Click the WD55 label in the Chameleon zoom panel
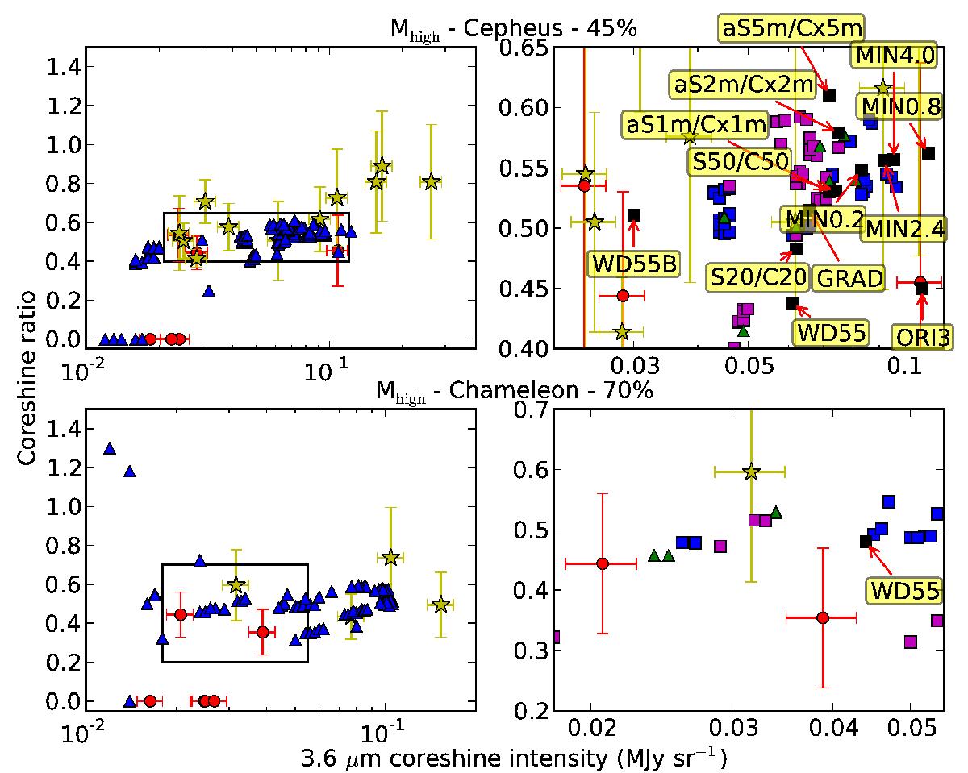pos(904,591)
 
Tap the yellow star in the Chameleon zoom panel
pos(751,472)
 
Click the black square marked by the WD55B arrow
pos(634,214)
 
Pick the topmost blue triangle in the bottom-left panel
pos(110,448)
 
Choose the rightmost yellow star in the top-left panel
pos(431,181)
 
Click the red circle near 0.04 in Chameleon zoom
pos(822,617)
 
